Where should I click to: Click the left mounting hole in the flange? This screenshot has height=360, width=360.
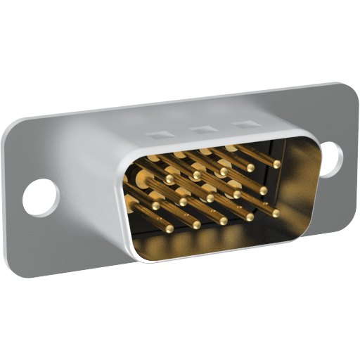[x=40, y=196]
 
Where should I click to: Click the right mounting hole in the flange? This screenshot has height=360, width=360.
[x=330, y=156]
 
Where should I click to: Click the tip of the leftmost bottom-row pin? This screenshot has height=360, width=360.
[x=169, y=229]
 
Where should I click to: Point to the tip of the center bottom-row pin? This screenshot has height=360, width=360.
[x=224, y=221]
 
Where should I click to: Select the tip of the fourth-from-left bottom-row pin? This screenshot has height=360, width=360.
[x=250, y=217]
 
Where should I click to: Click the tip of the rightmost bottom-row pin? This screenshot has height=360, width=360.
[x=276, y=213]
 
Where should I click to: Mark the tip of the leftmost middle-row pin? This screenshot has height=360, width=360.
[x=155, y=206]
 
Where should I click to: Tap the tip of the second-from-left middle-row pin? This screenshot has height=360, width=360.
[x=183, y=202]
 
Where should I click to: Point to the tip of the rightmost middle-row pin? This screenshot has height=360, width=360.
[x=263, y=190]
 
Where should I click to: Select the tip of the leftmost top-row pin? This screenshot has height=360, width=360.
[x=169, y=179]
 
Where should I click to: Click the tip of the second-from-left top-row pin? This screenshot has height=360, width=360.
[x=197, y=176]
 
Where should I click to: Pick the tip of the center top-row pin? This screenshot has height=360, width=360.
[x=224, y=172]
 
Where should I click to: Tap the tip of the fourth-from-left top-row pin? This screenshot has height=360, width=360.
[x=250, y=168]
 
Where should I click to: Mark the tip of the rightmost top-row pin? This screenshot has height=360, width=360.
[x=277, y=164]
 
